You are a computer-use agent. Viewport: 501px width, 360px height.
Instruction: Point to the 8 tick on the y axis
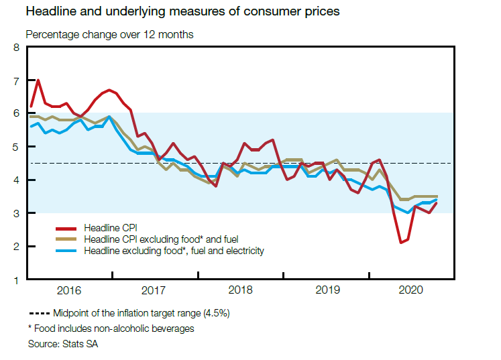[17, 48]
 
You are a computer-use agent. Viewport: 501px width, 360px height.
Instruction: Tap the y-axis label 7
[17, 80]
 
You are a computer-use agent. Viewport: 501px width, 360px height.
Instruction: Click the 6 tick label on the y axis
[17, 114]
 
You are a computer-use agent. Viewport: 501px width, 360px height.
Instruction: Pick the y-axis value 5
[17, 147]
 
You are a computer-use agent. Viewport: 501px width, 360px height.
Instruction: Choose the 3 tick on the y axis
[17, 213]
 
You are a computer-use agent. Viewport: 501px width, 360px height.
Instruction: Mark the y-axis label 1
[17, 280]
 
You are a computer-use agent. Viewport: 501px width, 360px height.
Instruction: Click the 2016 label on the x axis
[69, 290]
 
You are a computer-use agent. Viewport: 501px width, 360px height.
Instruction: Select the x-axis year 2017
[155, 290]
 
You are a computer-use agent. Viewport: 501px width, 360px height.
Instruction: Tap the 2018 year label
[241, 290]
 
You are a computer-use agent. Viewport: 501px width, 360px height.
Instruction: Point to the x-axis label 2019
[327, 290]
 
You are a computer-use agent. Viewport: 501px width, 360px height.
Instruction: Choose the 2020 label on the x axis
[412, 290]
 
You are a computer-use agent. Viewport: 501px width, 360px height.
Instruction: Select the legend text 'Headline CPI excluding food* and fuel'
[161, 239]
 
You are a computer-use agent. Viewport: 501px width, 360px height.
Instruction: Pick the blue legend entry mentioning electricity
[174, 251]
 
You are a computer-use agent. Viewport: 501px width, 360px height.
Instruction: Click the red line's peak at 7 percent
[38, 80]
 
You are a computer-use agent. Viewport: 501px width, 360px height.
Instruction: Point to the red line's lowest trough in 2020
[400, 243]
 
